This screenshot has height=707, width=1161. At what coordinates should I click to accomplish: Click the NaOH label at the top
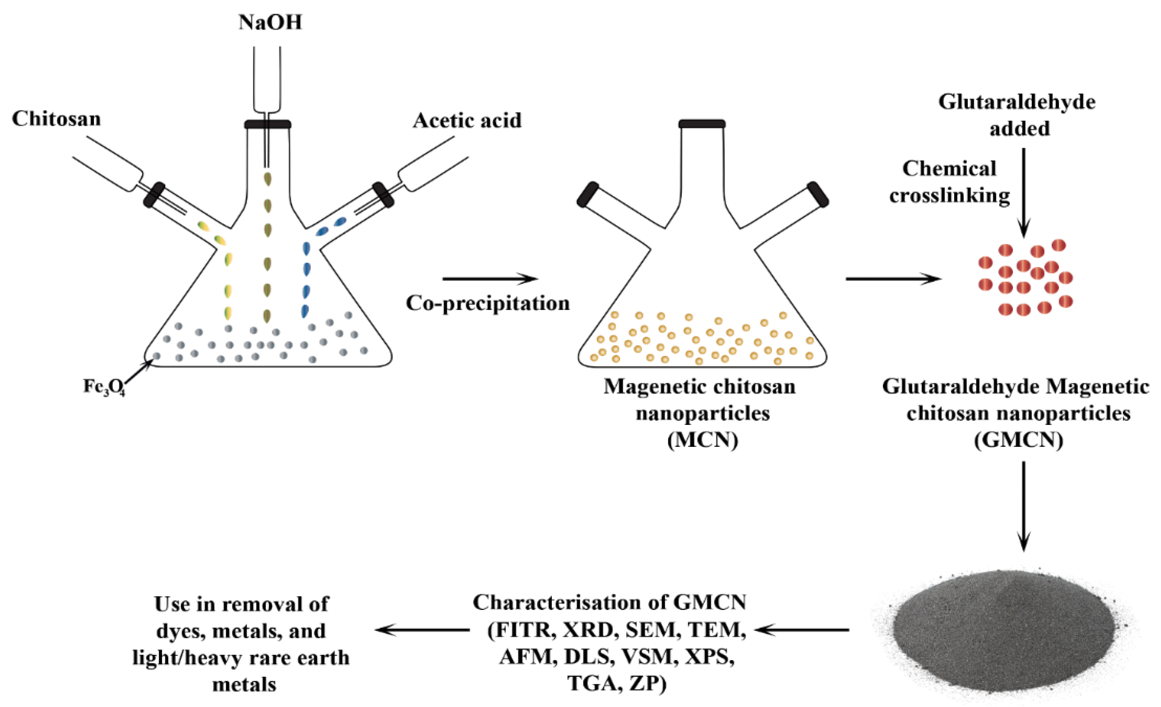point(270,22)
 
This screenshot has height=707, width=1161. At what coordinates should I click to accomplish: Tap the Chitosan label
point(57,119)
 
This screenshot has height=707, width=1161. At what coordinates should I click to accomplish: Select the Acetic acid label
point(467,120)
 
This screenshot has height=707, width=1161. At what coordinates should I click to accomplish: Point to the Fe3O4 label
point(104,387)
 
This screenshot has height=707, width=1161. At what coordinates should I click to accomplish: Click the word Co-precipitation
point(488,303)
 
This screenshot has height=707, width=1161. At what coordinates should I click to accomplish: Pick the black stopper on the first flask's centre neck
point(267,124)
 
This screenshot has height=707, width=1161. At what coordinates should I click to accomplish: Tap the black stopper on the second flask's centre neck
point(702,124)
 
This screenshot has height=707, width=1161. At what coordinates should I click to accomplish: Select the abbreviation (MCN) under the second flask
point(702,440)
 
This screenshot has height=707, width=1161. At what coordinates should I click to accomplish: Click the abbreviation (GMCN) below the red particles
point(1018,440)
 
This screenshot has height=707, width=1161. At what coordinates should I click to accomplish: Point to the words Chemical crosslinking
point(950,182)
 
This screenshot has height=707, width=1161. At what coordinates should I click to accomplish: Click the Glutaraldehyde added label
point(1017,115)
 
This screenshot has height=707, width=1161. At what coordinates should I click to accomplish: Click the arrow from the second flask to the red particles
point(893,279)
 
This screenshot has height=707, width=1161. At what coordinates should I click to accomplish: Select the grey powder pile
point(1004,631)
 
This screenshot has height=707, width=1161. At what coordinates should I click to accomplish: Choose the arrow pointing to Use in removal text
point(422,630)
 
